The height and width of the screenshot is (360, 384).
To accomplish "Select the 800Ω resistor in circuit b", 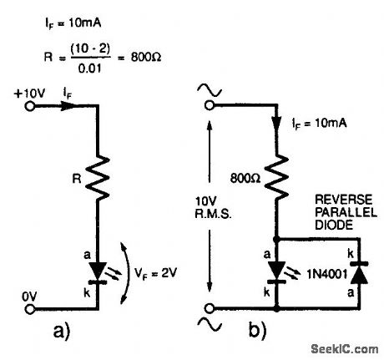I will coord(274,177).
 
